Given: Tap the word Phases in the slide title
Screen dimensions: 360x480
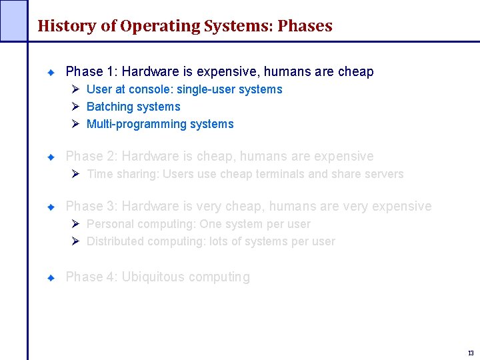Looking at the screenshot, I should tap(305, 26).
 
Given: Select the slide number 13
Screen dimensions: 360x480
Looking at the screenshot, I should tap(471, 353).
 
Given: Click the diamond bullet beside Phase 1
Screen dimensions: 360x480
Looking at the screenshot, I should tap(51, 71).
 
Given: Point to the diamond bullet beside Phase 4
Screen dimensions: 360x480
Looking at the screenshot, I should tap(51, 277).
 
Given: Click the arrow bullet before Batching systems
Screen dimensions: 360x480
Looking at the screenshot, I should tap(76, 107).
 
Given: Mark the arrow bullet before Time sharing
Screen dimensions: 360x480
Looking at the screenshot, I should tap(76, 174).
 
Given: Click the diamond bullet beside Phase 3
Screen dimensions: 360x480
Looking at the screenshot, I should tap(51, 207).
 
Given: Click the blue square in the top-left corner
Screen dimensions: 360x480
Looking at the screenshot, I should tap(13, 20).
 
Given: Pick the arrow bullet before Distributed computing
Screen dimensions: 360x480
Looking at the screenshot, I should tap(76, 241).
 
